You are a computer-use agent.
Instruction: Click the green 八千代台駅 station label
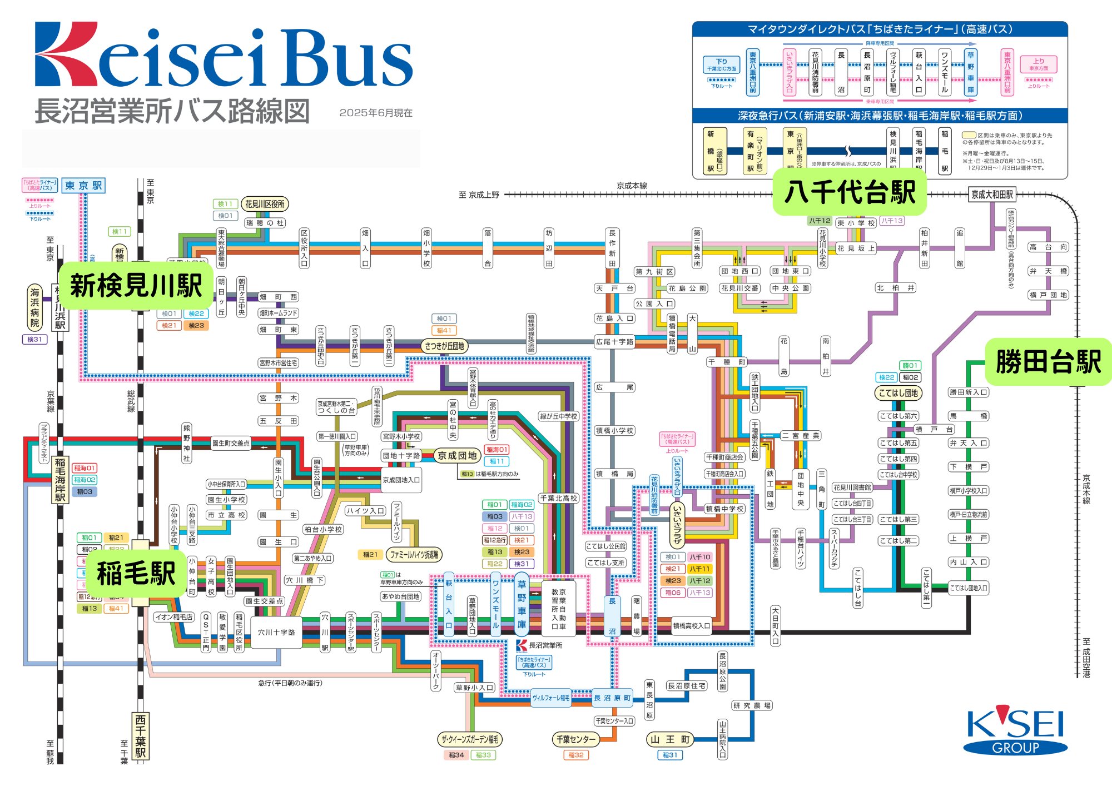click(x=849, y=192)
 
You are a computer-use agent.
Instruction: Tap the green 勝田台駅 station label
click(x=1048, y=362)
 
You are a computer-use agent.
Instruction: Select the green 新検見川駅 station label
click(x=136, y=286)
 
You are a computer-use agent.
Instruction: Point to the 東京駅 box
click(x=83, y=186)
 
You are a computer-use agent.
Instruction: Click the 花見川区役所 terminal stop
click(x=265, y=204)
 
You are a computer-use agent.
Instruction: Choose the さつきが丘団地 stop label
click(x=444, y=346)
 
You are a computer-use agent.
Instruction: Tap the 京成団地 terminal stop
click(x=457, y=456)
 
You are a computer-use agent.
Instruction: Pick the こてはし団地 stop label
click(x=898, y=393)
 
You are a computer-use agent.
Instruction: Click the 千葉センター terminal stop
click(x=575, y=739)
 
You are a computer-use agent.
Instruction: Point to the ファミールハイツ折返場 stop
click(x=414, y=554)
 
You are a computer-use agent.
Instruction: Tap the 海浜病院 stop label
click(x=35, y=307)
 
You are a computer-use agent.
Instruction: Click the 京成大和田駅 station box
click(x=992, y=195)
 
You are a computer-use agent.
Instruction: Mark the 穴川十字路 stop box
click(x=276, y=632)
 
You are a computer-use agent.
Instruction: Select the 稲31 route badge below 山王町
click(x=669, y=755)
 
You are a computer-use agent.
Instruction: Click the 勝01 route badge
click(x=910, y=365)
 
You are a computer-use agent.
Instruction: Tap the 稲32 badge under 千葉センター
click(x=575, y=755)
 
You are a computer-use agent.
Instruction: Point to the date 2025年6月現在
click(x=376, y=113)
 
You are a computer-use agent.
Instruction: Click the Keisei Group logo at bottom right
click(x=1015, y=730)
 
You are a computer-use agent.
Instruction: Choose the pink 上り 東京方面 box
click(x=1038, y=64)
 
